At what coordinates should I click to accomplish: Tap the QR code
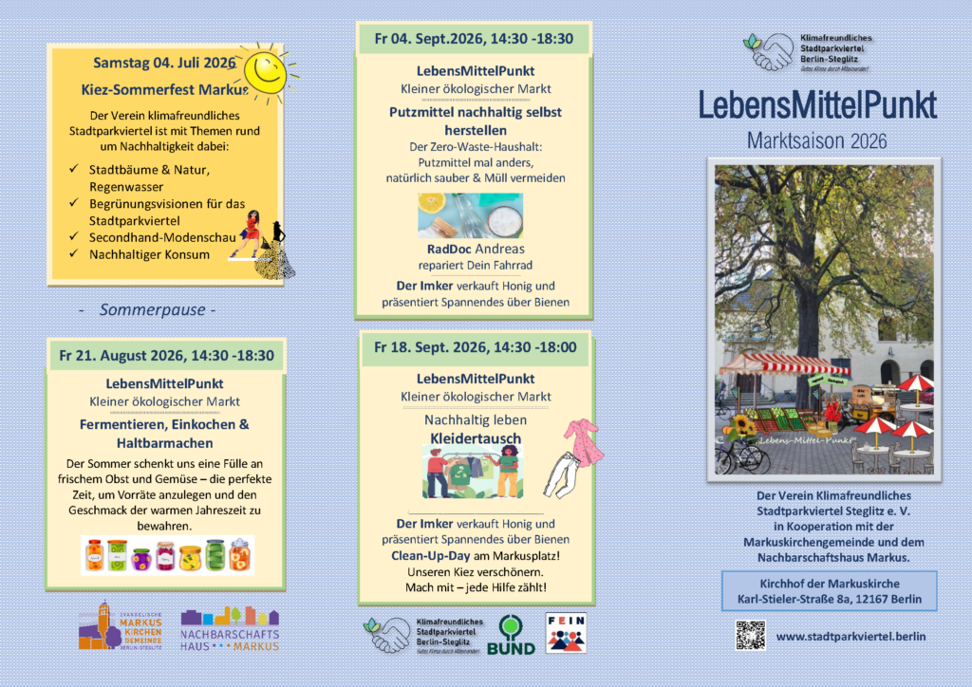tap(750, 635)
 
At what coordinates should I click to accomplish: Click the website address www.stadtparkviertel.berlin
tap(850, 636)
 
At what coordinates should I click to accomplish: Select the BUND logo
tap(511, 635)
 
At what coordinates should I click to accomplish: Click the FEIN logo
tap(565, 633)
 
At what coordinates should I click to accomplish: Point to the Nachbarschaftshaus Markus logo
tap(230, 628)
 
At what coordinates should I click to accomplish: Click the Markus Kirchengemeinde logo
tap(120, 626)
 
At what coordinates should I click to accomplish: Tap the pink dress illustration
tap(581, 442)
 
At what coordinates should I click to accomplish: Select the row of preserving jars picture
tap(167, 555)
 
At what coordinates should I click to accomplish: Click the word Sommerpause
tap(158, 309)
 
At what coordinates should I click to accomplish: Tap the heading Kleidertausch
tap(476, 437)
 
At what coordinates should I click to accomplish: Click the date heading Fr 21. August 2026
tap(166, 356)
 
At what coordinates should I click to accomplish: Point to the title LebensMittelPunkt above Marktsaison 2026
tap(817, 105)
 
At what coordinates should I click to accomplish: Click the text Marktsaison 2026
tap(817, 141)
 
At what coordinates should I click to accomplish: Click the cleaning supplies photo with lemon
tap(470, 215)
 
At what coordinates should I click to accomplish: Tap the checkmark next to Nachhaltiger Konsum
tap(73, 254)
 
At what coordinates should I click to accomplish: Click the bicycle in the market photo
tap(742, 457)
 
